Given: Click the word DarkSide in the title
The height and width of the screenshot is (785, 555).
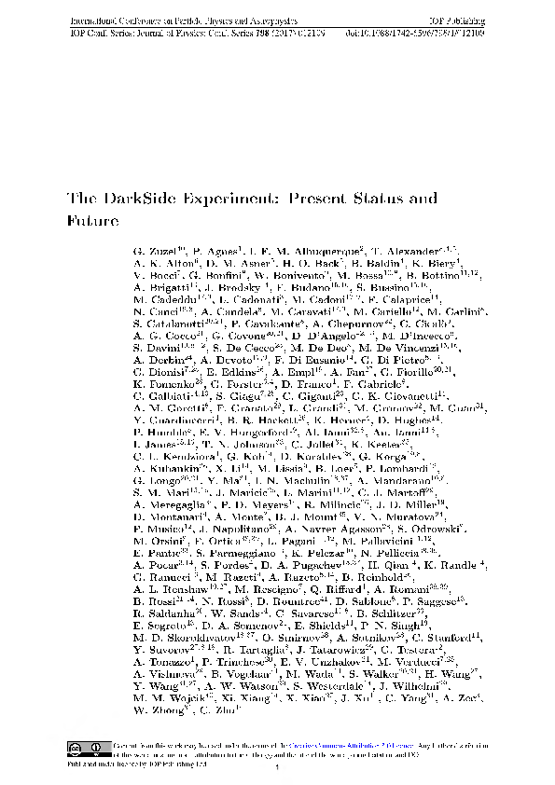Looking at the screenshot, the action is click(139, 199).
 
